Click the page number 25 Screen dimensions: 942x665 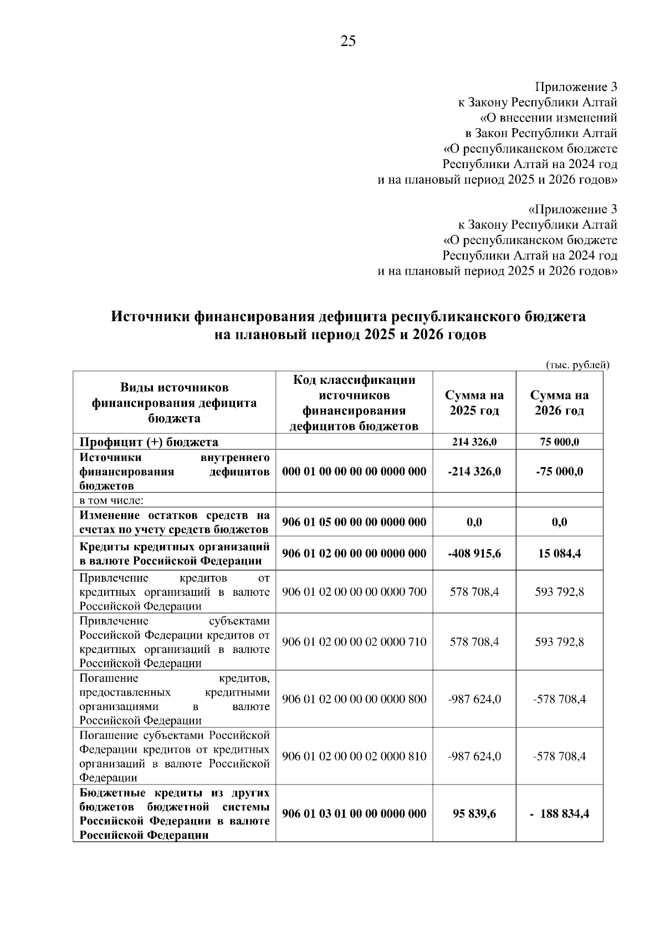click(x=348, y=42)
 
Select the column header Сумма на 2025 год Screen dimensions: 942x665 click(x=474, y=403)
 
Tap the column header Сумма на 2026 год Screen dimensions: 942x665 click(x=559, y=403)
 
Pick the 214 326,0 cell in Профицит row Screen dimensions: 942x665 click(x=474, y=442)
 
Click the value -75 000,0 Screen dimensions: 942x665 click(x=559, y=472)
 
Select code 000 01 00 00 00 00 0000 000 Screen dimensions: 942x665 click(x=354, y=472)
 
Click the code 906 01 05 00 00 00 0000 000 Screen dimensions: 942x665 click(x=354, y=522)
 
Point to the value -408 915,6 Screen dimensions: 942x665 click(x=474, y=554)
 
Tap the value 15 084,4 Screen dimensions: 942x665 click(x=559, y=554)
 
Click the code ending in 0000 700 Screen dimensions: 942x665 click(x=354, y=592)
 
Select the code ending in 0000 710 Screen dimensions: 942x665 click(x=354, y=642)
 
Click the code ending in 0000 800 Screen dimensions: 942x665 click(x=354, y=699)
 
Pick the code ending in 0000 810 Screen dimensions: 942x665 click(x=354, y=756)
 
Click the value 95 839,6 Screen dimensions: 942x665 click(x=474, y=814)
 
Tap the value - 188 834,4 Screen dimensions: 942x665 click(x=559, y=814)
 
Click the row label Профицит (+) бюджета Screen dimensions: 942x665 click(x=149, y=442)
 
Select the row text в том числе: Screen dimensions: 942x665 click(x=111, y=500)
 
